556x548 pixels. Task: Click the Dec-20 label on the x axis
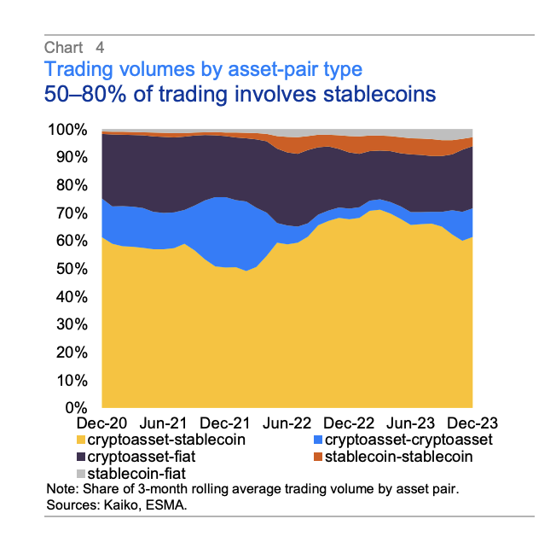pos(101,423)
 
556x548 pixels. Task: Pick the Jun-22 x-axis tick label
pos(287,423)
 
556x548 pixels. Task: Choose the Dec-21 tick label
pos(224,423)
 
